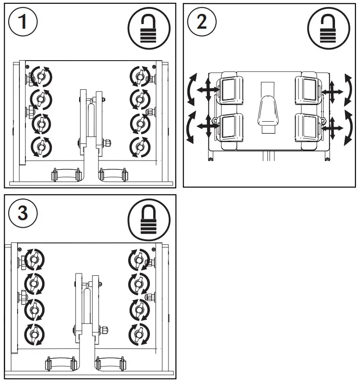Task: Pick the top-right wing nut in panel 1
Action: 140,75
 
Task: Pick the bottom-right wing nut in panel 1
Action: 140,147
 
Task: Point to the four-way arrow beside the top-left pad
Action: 205,91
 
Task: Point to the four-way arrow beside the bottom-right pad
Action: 330,126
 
